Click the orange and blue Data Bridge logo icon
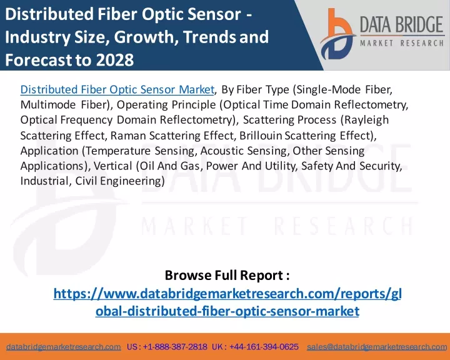click(337, 34)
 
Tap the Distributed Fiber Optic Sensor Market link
click(117, 89)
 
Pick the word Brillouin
click(261, 135)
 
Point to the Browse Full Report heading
click(227, 275)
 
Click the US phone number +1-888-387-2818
click(175, 347)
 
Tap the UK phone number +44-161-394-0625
click(264, 347)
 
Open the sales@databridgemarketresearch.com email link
click(377, 347)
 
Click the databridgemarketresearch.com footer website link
click(63, 347)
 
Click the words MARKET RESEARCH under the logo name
click(402, 43)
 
